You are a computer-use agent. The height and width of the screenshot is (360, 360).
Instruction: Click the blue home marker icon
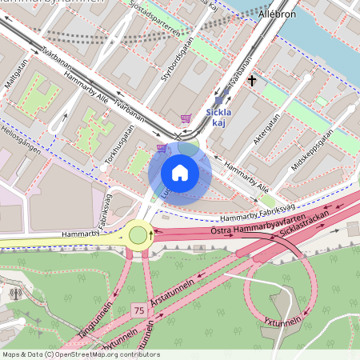[179, 173]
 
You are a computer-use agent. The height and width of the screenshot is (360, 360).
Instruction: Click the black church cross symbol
[252, 80]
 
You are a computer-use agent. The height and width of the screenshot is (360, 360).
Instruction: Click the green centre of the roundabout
[138, 234]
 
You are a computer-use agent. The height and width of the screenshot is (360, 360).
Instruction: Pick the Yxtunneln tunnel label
[282, 322]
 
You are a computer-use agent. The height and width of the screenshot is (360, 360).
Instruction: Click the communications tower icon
[14, 293]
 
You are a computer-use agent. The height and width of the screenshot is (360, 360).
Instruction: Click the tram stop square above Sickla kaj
[218, 102]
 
